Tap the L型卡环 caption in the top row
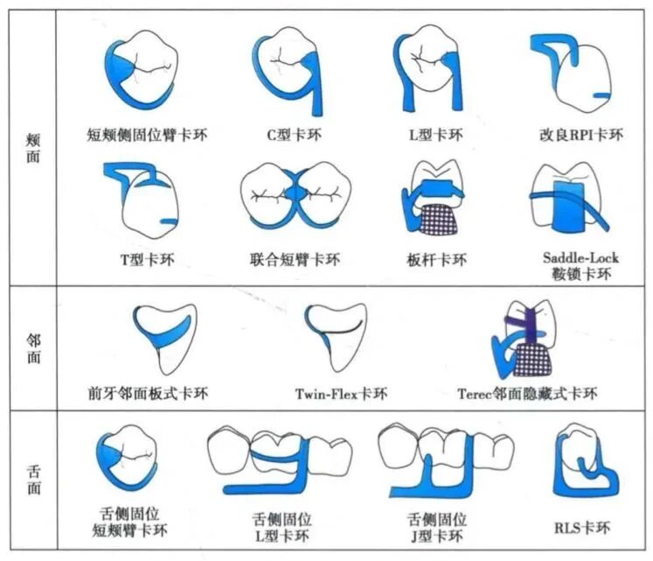pyautogui.click(x=435, y=135)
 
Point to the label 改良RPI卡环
pyautogui.click(x=581, y=135)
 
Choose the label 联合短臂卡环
pyautogui.click(x=294, y=260)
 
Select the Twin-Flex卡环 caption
pyautogui.click(x=341, y=394)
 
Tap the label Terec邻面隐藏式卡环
pyautogui.click(x=527, y=394)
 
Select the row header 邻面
pyautogui.click(x=31, y=348)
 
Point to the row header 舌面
pyautogui.click(x=31, y=483)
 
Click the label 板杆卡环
pyautogui.click(x=436, y=260)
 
